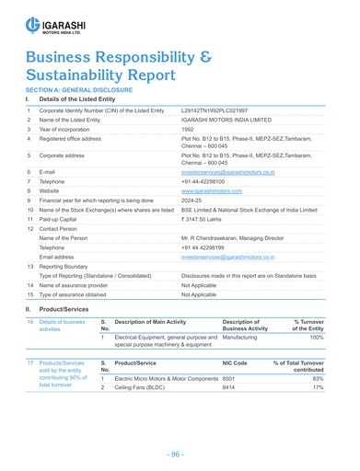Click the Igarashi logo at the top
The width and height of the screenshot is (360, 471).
(x=48, y=23)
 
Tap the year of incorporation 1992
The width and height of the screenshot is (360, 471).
(x=188, y=130)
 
